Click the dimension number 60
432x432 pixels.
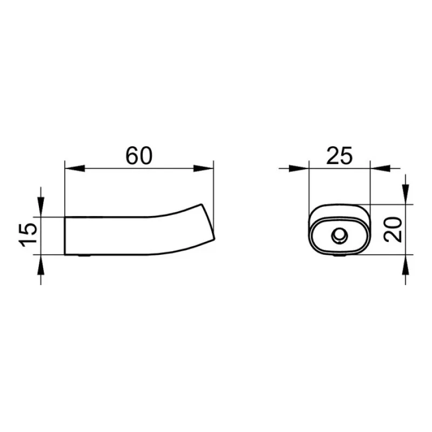pos(139,156)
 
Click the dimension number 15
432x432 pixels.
pos(28,234)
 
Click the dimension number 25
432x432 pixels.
pos(339,156)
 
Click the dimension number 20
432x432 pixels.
pos(393,230)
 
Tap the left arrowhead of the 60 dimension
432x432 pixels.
pos(75,168)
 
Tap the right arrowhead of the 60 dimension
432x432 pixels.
pos(204,168)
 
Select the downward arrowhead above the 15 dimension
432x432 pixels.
pos(41,207)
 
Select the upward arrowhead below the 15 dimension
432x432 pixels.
pos(41,265)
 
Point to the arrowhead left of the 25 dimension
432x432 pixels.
pos(299,168)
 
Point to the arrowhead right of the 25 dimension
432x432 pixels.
pos(381,168)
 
